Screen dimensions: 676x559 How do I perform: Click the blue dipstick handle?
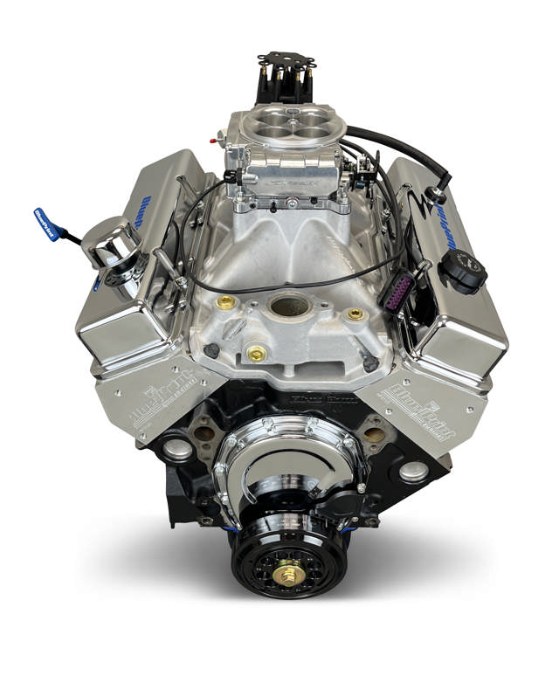[x=45, y=223]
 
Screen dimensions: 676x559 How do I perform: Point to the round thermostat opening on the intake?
[x=289, y=306]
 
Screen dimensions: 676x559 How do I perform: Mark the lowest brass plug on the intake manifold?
[x=257, y=354]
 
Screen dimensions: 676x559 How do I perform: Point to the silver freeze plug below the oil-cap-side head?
[x=413, y=471]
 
